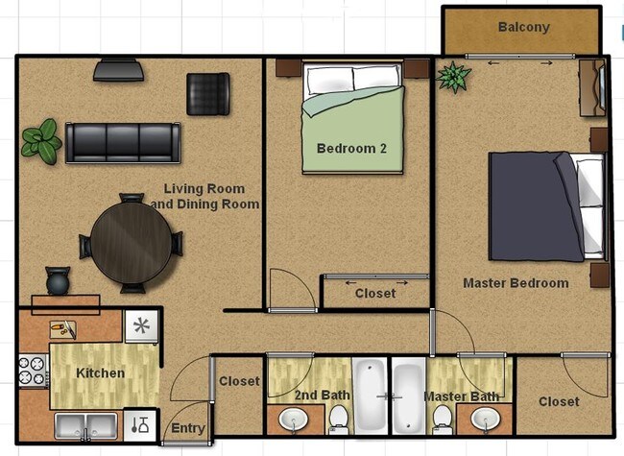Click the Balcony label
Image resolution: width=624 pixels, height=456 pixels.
click(523, 27)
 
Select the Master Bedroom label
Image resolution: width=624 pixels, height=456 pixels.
click(516, 283)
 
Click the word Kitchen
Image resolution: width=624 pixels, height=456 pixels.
click(101, 372)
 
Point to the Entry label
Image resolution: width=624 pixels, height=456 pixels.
click(187, 428)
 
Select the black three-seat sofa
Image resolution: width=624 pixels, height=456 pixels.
click(122, 142)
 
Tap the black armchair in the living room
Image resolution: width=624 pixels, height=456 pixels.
click(207, 93)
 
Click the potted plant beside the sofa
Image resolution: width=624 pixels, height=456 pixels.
click(41, 141)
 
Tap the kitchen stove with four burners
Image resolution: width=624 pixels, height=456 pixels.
click(33, 372)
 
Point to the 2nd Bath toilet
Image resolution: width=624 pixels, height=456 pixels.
click(339, 417)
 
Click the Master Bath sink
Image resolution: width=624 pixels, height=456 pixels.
click(486, 420)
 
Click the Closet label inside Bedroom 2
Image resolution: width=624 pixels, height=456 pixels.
click(374, 294)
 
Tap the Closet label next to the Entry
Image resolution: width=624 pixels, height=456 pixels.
click(239, 381)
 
